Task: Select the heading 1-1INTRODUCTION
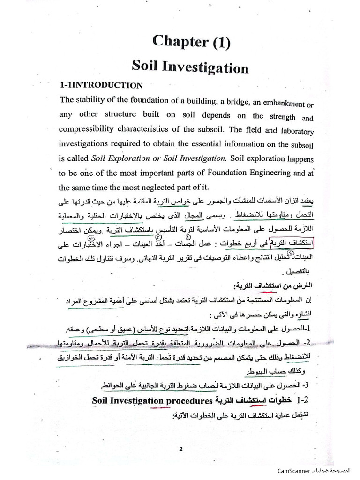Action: [101, 85]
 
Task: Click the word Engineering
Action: [262, 172]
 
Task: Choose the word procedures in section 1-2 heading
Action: [188, 401]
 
